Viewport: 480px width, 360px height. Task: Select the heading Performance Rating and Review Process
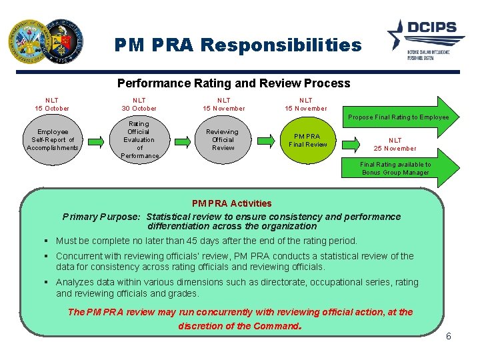point(233,83)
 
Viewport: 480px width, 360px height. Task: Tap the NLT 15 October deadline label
point(52,104)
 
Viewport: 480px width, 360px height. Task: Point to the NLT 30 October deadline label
point(139,104)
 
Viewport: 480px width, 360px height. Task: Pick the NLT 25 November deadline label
point(395,145)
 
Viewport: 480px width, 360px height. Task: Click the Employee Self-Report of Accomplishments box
point(53,140)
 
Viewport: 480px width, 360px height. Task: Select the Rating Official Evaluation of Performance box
point(139,140)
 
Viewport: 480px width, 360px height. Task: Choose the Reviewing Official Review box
point(223,140)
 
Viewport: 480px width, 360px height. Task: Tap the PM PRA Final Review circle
point(308,141)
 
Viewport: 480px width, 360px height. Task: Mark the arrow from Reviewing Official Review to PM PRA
point(266,140)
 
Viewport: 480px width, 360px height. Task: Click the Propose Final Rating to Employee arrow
point(400,117)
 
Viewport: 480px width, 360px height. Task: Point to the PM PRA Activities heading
point(231,203)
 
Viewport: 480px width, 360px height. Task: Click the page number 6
point(449,336)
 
